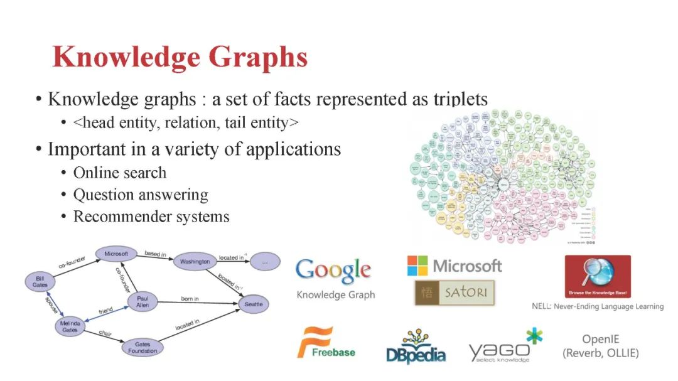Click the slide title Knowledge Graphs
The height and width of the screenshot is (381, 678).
tap(180, 56)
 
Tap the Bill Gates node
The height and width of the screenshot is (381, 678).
tap(40, 281)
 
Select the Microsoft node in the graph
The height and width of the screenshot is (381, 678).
tap(116, 254)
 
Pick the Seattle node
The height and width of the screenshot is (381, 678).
tap(254, 304)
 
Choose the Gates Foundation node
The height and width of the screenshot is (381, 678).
tap(143, 347)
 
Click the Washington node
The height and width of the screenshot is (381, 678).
tap(195, 261)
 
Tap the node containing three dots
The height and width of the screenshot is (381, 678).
tap(265, 262)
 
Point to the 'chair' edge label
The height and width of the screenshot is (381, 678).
tap(105, 334)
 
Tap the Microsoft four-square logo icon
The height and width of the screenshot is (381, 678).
tap(417, 266)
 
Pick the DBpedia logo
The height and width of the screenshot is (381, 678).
tap(416, 347)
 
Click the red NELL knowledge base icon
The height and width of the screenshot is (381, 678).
tap(596, 276)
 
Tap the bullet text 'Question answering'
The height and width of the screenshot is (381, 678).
tap(141, 195)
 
